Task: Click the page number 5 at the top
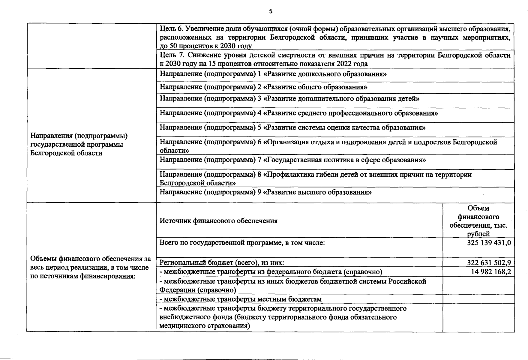pyautogui.click(x=271, y=12)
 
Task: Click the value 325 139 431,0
pyautogui.click(x=489, y=242)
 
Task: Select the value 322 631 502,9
pyautogui.click(x=489, y=263)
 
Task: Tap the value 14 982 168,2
pyautogui.click(x=491, y=272)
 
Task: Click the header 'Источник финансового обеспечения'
pyautogui.click(x=218, y=221)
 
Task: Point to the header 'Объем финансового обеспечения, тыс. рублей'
pyautogui.click(x=478, y=221)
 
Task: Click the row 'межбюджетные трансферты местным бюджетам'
pyautogui.click(x=241, y=299)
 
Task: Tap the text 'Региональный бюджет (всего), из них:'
pyautogui.click(x=222, y=263)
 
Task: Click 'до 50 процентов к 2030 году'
pyautogui.click(x=206, y=46)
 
